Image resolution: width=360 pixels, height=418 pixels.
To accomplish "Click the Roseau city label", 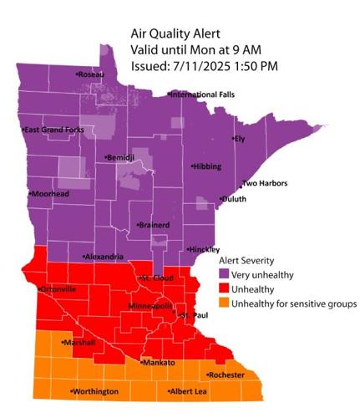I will tap(91, 75).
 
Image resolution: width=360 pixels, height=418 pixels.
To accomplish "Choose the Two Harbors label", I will tap(260, 184).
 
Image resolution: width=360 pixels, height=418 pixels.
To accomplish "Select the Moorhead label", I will tap(49, 194).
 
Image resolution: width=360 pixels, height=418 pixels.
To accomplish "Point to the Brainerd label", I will tap(155, 226).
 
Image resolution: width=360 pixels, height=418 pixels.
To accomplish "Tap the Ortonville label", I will tap(56, 289).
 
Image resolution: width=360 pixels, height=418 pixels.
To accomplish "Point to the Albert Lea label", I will tap(187, 391).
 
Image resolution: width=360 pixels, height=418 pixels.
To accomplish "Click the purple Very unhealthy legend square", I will tap(224, 273).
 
